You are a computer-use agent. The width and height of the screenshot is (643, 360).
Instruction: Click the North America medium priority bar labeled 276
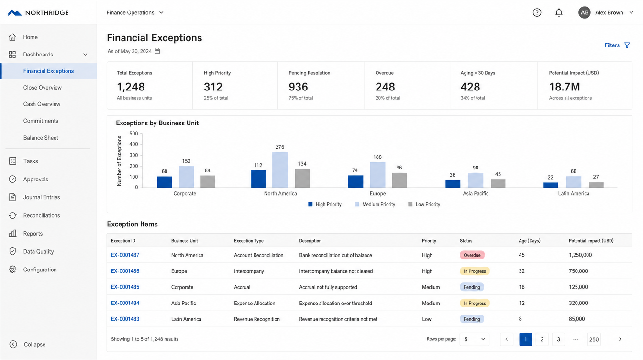pos(280,170)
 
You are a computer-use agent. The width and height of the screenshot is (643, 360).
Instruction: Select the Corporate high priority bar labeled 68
pos(164,182)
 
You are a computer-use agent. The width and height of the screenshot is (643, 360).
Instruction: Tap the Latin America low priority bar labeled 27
pos(596,185)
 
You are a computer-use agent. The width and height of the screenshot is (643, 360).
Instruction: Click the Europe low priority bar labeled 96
pos(399,180)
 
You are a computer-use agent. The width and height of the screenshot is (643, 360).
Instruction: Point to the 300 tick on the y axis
pos(133,155)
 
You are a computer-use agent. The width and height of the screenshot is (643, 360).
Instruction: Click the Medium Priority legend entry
pos(375,204)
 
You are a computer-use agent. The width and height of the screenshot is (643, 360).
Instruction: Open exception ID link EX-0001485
pos(125,287)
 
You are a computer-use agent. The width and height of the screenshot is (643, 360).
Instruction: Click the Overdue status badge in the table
pos(472,255)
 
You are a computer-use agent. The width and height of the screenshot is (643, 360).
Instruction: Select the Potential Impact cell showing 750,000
pos(578,271)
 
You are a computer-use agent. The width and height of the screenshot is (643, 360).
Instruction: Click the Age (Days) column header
pos(529,241)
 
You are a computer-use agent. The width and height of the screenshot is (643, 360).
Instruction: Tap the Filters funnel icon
pos(627,45)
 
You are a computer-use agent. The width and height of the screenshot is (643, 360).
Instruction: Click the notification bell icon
pos(559,12)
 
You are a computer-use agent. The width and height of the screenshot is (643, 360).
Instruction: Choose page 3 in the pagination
pos(558,339)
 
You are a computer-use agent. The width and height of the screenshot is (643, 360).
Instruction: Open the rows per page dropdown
pos(474,339)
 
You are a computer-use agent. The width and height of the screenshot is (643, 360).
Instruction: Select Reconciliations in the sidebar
pos(42,215)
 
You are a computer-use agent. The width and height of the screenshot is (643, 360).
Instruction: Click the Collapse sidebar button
pos(27,344)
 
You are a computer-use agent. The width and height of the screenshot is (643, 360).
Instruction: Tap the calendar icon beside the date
pos(157,51)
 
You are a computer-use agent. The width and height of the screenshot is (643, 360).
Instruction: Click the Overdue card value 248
pos(385,87)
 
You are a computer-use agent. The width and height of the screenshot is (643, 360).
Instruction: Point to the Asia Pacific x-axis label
pos(476,194)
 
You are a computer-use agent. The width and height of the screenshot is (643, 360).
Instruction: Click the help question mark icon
pos(537,12)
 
